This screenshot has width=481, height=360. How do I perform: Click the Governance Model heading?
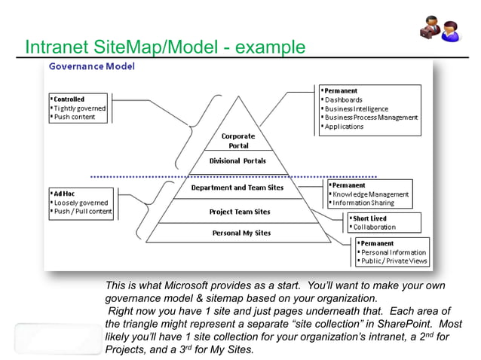pos(92,66)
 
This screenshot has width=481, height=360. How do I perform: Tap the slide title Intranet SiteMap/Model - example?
pos(165,47)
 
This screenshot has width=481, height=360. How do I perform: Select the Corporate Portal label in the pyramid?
pos(238,141)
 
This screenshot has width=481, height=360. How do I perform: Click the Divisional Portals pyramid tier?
pos(237,161)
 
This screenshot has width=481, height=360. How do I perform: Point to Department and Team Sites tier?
pos(237,188)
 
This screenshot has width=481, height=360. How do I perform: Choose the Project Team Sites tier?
pos(240,212)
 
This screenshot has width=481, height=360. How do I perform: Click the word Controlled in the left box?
pos(69,99)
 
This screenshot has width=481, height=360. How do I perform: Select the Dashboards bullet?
pos(343,100)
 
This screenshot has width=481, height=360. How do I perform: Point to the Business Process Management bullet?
pos(370,117)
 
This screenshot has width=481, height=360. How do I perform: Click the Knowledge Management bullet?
pos(370,194)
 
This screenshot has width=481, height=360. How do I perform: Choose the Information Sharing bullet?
pos(364,203)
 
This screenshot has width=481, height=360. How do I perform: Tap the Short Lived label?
pos(370,218)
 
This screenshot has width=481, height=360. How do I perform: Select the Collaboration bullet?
pos(374,227)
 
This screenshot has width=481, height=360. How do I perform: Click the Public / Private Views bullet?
pos(394,261)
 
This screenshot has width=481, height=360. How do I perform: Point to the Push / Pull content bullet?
pos(82,212)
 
